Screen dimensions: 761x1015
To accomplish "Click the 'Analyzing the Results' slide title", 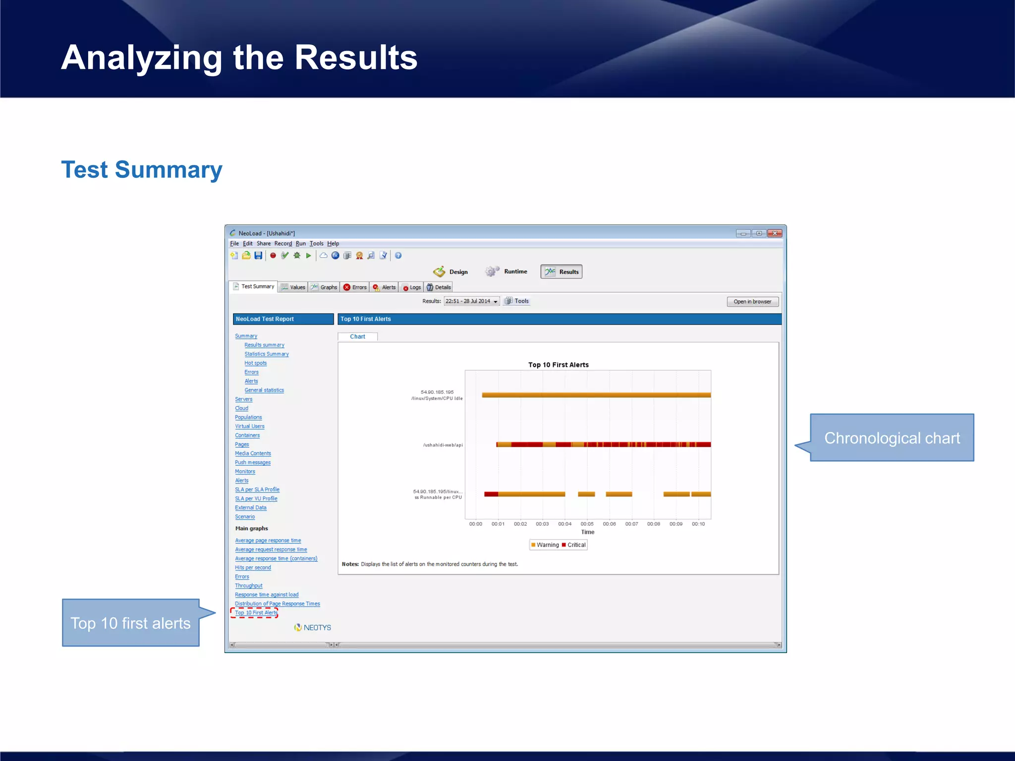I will click(x=239, y=58).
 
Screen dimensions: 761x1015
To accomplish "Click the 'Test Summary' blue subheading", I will click(x=142, y=170).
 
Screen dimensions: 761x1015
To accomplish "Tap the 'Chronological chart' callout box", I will click(x=892, y=438).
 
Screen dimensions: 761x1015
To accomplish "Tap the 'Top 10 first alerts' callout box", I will click(x=130, y=623).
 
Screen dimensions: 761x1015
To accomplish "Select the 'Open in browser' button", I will click(x=752, y=302).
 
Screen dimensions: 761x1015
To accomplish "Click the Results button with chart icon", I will click(x=562, y=272).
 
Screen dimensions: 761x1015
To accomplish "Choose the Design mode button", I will click(x=451, y=272).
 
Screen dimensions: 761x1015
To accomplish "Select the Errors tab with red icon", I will click(x=355, y=287).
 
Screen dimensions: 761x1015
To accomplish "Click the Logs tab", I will click(x=411, y=287).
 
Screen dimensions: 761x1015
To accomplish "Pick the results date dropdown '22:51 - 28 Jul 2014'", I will click(x=471, y=301).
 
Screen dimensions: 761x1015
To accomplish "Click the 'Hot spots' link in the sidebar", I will click(x=255, y=363).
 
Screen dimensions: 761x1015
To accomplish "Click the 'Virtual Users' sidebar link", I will click(x=249, y=427).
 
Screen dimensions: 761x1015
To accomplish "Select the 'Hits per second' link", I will click(x=253, y=568).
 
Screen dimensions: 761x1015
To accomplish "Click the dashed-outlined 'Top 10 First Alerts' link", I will click(x=256, y=613).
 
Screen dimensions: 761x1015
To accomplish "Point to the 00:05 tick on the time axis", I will click(x=587, y=524).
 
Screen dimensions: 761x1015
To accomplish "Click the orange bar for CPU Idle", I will click(x=595, y=395).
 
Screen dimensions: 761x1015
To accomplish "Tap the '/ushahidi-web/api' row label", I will click(x=443, y=445).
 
